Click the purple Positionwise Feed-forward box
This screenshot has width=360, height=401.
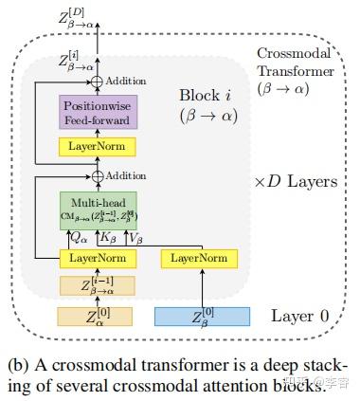[99, 113]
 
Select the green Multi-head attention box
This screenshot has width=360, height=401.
[98, 210]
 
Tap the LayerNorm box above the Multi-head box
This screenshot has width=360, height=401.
[98, 147]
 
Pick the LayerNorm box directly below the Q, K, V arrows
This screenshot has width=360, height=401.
[98, 257]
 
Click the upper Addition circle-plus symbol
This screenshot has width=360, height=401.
[98, 81]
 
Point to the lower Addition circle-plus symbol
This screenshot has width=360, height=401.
[98, 176]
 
